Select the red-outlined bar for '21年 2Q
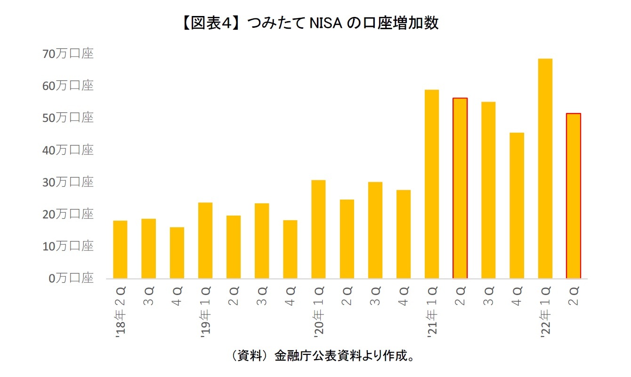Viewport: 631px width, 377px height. [x=460, y=188]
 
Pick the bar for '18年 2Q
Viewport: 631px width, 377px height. [x=120, y=249]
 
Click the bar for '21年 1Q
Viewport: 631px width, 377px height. [x=432, y=184]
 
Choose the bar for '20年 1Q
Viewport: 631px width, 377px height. [x=318, y=229]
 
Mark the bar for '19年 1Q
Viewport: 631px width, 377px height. [x=205, y=241]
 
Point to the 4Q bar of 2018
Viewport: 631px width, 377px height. [x=177, y=253]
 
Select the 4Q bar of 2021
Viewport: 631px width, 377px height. [x=517, y=206]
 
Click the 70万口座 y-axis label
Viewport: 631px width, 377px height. [x=68, y=54]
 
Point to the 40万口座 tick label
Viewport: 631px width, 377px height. [x=68, y=150]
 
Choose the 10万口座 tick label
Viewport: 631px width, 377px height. [x=68, y=246]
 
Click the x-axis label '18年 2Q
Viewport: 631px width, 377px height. [x=121, y=313]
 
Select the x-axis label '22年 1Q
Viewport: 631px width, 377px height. [x=545, y=313]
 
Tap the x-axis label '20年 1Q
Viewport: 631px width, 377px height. [x=319, y=313]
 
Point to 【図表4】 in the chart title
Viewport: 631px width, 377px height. [x=206, y=23]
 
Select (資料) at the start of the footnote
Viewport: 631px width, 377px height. [x=246, y=355]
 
